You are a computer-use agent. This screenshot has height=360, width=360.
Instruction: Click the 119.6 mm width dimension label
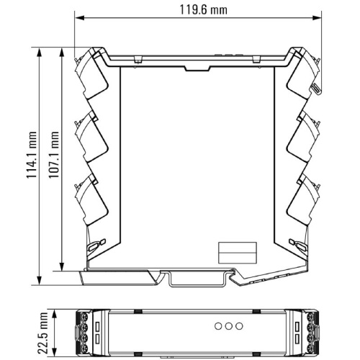coord(203,10)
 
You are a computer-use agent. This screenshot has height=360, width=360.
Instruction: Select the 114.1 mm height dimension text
coord(32,155)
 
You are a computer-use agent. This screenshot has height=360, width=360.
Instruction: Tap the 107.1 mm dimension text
coord(54,155)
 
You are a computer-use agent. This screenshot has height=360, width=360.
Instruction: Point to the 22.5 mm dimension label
coord(42,333)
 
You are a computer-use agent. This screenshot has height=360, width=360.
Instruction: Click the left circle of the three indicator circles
coord(218,326)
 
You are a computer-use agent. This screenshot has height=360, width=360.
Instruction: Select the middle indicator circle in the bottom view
coord(229,326)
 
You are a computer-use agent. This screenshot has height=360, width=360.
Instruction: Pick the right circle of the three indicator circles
coord(239,326)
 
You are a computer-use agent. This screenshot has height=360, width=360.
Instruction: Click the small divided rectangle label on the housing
coord(238,253)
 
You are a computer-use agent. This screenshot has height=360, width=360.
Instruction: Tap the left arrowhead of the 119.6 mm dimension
coord(79,18)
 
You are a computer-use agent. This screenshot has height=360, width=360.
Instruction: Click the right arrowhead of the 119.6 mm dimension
coord(317,18)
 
